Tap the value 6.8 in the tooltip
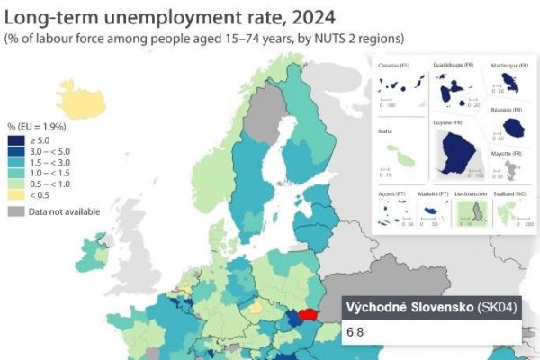(x=355, y=332)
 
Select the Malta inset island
(x=407, y=158)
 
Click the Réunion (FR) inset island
(x=514, y=129)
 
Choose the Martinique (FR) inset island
(x=511, y=84)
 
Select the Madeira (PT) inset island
(x=434, y=212)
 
